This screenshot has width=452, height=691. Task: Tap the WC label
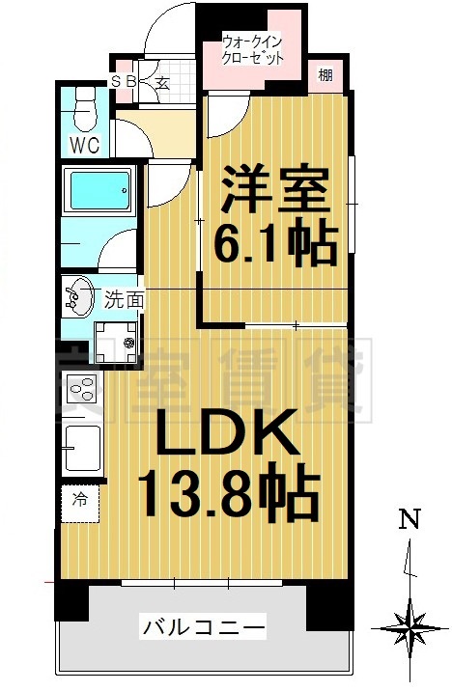(x=83, y=147)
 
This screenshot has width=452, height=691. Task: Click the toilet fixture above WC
(x=83, y=108)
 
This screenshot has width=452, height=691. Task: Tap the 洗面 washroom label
(x=125, y=300)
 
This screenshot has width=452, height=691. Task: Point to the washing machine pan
(x=117, y=339)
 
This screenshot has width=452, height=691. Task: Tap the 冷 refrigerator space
(x=80, y=500)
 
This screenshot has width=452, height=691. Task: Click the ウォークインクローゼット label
(x=254, y=50)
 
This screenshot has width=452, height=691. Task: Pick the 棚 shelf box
(x=325, y=76)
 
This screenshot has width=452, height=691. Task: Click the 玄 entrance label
(x=161, y=83)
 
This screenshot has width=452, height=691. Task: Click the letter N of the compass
(x=410, y=520)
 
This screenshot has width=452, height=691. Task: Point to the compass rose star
(x=410, y=630)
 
